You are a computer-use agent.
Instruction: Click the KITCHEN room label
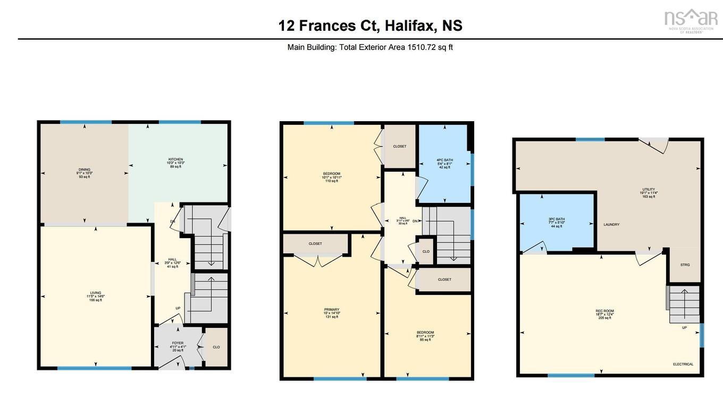pos(175,159)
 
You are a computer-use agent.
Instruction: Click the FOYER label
pos(178,343)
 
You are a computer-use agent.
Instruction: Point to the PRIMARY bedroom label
pos(332,310)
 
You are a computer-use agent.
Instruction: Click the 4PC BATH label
pos(443,160)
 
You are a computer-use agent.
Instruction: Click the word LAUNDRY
pos(611,225)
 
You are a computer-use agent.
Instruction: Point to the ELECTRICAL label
pos(683,364)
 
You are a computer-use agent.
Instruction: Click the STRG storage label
pos(685,265)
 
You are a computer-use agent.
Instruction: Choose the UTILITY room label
pos(649,190)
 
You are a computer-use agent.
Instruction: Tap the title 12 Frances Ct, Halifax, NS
pos(371,25)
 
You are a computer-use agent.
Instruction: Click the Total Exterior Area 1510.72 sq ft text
pos(370,47)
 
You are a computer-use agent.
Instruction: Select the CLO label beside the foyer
pos(216,347)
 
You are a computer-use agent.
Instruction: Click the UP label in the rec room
pos(684,328)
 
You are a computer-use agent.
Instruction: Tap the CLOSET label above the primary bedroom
pos(315,244)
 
